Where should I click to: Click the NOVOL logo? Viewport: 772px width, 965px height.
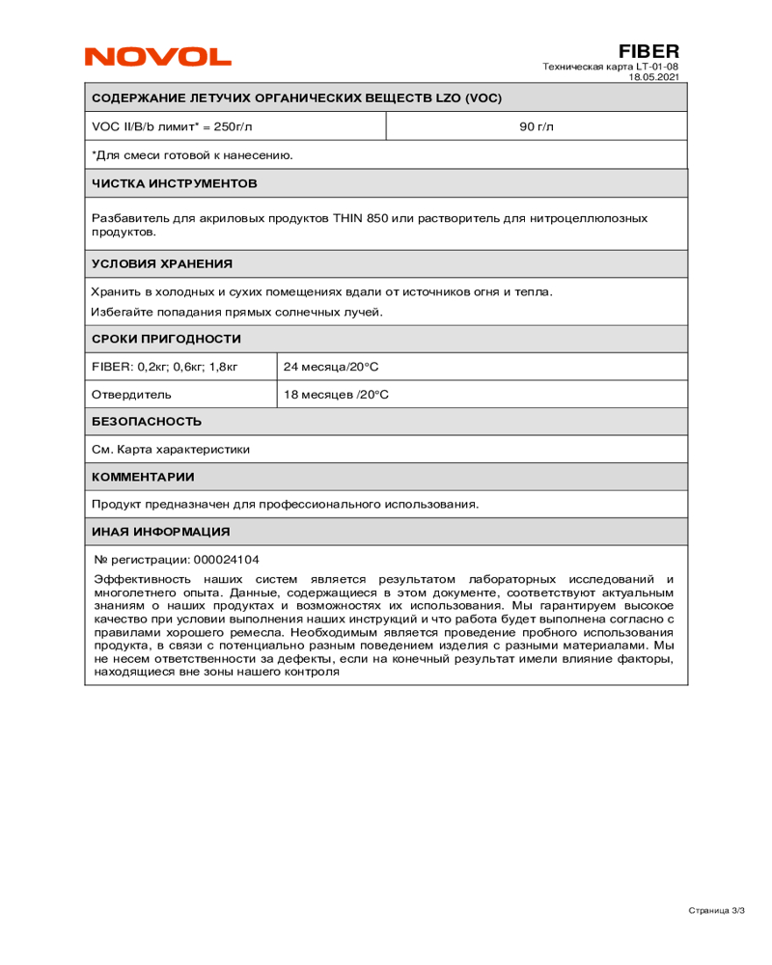pos(157,57)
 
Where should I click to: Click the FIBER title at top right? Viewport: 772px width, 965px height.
pos(648,51)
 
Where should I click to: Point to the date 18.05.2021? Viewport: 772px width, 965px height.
pos(653,76)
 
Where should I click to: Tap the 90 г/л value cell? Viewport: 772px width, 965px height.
pos(537,126)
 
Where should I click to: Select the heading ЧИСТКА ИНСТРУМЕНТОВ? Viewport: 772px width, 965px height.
pos(174,182)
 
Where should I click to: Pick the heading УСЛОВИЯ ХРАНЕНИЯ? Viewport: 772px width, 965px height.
pos(161,263)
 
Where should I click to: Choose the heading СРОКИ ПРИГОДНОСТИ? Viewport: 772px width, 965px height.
pos(166,339)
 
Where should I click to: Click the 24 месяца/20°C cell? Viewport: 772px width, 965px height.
pos(331,367)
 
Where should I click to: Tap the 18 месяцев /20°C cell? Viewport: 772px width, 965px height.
pos(336,395)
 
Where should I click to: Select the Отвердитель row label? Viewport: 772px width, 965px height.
pos(131,395)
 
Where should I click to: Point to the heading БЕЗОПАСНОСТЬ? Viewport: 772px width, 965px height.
pos(147,422)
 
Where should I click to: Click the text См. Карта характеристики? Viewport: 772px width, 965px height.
pos(171,449)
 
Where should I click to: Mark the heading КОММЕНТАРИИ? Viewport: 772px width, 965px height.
pos(143,477)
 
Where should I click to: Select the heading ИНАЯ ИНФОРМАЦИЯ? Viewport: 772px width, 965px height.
pos(160,532)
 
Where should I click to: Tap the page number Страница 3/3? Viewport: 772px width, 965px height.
pos(717,910)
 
